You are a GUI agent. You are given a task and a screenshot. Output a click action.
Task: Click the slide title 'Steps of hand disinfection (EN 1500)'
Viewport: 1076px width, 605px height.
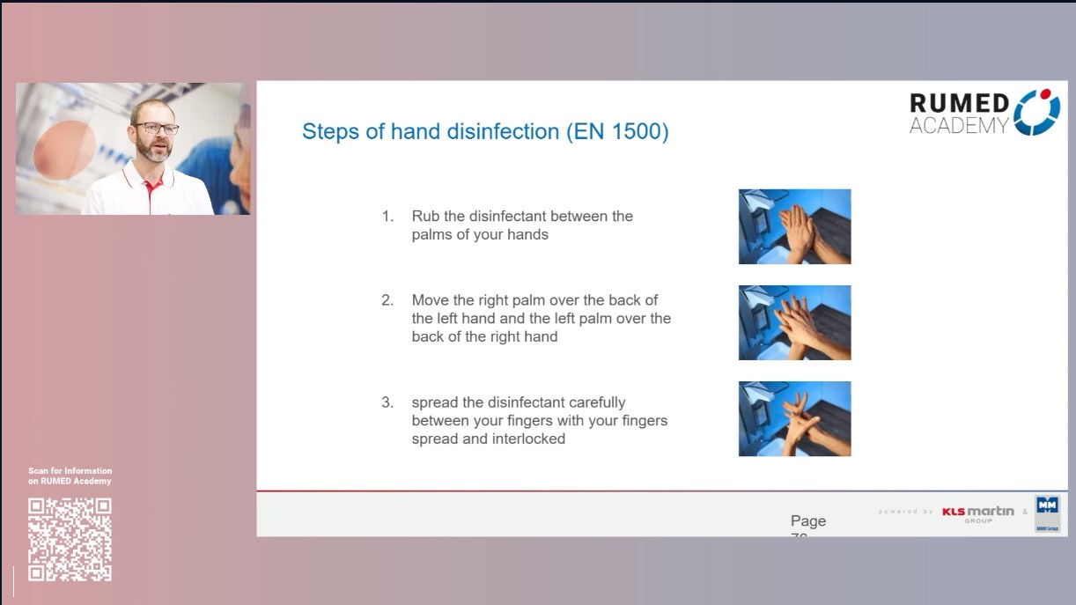coord(485,132)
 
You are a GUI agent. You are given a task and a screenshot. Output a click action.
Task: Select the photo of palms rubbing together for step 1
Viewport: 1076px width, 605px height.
coord(794,226)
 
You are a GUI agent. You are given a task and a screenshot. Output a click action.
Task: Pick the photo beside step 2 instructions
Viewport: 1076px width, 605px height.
coord(794,322)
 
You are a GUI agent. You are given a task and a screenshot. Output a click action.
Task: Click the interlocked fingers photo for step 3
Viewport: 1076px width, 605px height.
coord(794,418)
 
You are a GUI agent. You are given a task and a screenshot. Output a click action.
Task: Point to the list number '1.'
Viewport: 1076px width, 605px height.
coord(387,216)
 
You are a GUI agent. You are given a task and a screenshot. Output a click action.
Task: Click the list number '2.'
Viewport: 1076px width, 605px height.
coord(387,300)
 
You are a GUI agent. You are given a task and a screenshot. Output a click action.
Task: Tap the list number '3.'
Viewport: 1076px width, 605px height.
coord(387,402)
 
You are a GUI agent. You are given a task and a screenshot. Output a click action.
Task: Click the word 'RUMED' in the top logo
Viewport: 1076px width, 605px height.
coord(959,103)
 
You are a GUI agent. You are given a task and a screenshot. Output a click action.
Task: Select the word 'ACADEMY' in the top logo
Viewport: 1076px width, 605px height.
coord(959,126)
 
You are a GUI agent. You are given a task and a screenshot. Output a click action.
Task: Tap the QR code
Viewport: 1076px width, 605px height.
coord(70,540)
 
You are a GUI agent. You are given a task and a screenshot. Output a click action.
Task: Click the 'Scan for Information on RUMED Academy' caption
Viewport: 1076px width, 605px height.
coord(70,476)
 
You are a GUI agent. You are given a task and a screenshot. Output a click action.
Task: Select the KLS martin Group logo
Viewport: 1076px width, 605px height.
coord(977,513)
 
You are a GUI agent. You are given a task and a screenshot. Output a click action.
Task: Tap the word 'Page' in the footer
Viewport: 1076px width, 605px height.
coord(807,521)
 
